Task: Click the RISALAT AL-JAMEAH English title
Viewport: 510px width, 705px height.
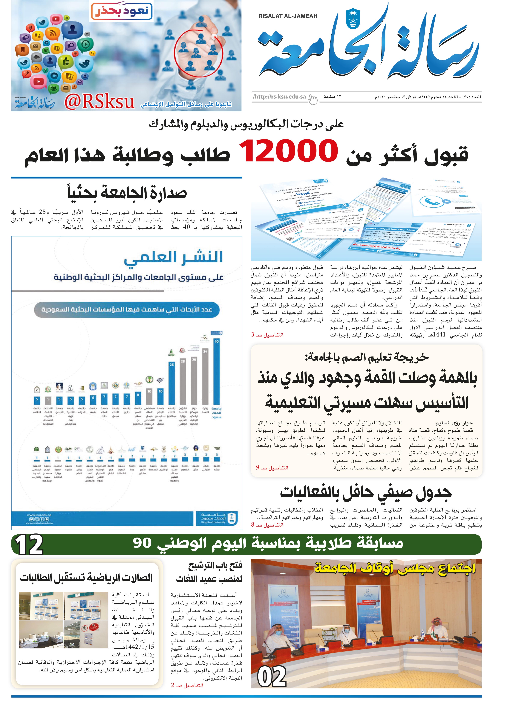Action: point(288,16)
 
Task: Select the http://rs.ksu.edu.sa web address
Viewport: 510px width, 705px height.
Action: point(280,97)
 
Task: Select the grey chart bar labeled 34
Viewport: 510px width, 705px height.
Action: point(205,376)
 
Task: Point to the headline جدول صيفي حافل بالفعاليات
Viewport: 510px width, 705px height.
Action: point(366,493)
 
